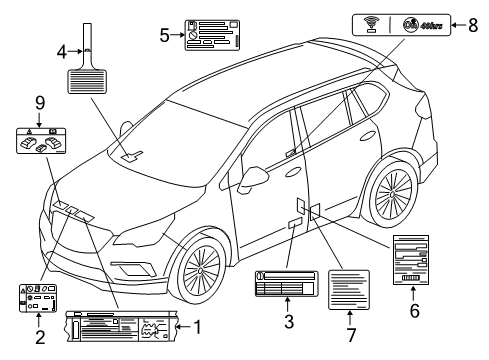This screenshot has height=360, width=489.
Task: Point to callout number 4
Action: point(62,49)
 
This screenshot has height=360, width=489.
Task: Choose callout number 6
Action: point(413,311)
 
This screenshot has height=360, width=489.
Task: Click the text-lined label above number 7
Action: point(349,292)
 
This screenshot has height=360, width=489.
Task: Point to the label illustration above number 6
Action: point(413,261)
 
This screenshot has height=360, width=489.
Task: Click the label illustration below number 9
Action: point(38,140)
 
